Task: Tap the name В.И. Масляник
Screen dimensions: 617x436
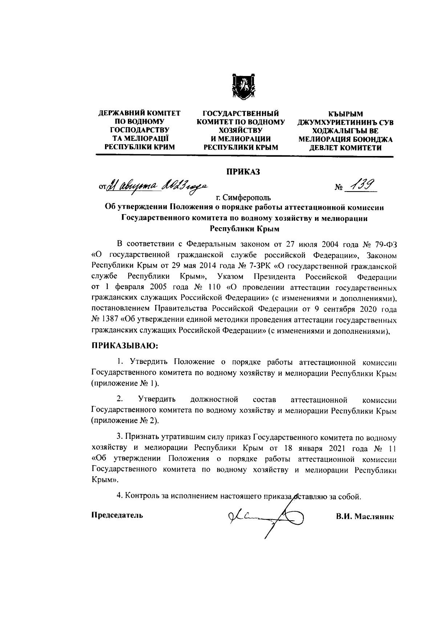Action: pyautogui.click(x=365, y=517)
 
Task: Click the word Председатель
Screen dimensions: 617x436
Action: pyautogui.click(x=117, y=515)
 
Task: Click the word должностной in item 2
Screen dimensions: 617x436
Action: pyautogui.click(x=214, y=400)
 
